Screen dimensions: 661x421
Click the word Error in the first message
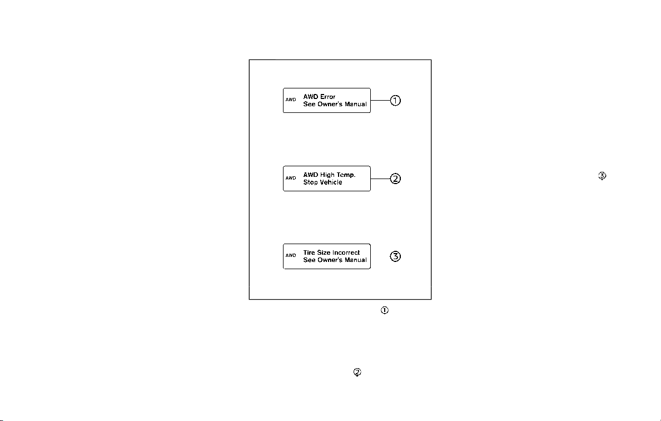[327, 97]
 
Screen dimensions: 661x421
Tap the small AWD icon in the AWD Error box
[291, 100]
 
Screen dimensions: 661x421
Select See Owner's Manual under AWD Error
[335, 104]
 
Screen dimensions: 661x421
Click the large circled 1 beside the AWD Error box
[395, 101]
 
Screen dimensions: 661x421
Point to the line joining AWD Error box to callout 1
[380, 101]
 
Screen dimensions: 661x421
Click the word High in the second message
[327, 175]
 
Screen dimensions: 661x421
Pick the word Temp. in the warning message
[346, 175]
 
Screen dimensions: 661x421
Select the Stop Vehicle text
[322, 182]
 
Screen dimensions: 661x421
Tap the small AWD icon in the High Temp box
[291, 178]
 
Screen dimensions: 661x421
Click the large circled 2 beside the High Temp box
[395, 179]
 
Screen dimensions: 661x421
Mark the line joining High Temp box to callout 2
[380, 179]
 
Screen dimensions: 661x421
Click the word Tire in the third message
[309, 252]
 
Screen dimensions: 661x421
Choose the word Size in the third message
[324, 252]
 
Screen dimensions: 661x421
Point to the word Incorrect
[346, 252]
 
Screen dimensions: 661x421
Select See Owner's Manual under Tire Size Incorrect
[335, 260]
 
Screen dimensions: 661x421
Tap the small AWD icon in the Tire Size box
[291, 255]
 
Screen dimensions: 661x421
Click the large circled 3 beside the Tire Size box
[395, 256]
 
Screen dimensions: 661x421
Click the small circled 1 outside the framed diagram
[385, 310]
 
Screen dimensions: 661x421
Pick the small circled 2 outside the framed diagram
[357, 372]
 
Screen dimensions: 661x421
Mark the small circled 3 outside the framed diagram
[602, 176]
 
